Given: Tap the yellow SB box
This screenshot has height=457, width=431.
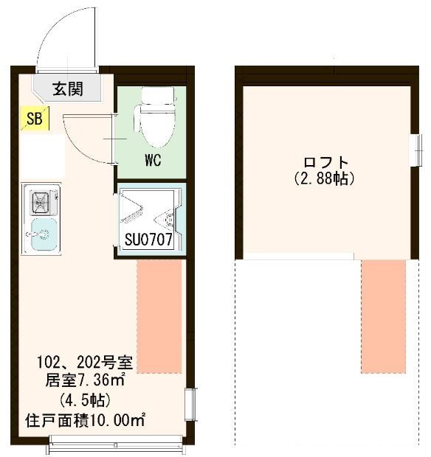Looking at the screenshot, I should tap(34, 118).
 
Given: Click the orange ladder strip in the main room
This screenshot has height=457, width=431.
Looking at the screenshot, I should tap(159, 316).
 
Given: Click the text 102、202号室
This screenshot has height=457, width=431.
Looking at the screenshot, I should tap(85, 363).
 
